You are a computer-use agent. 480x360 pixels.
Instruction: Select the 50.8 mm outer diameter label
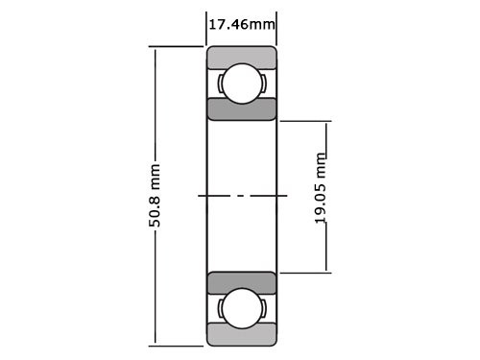click(x=155, y=196)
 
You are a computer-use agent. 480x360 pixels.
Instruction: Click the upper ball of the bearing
click(x=242, y=83)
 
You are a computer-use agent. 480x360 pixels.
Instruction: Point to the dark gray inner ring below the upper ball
click(x=242, y=108)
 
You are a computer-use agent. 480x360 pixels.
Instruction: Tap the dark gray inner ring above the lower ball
click(x=242, y=283)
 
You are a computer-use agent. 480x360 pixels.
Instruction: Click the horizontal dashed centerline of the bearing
click(x=242, y=196)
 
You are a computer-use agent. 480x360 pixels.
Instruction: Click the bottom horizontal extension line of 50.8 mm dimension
click(x=178, y=344)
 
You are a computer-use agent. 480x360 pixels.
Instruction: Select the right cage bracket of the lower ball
click(x=262, y=308)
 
